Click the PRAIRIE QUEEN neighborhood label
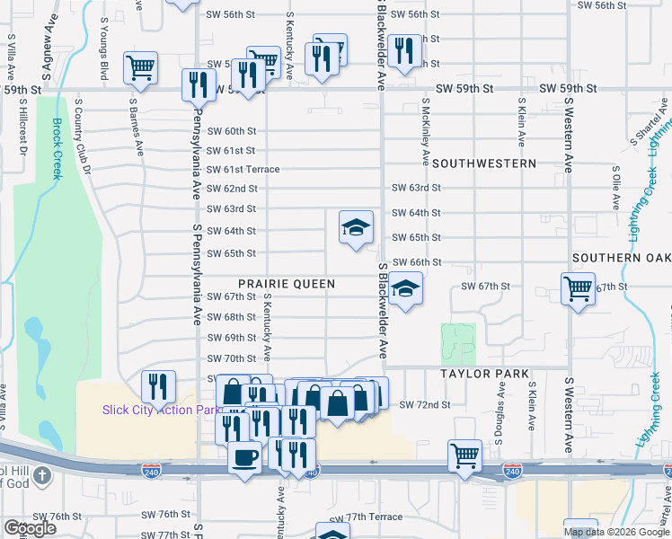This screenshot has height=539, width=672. click(x=287, y=283)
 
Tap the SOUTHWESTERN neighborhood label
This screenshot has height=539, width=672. click(x=483, y=164)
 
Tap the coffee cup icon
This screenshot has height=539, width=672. click(x=244, y=457)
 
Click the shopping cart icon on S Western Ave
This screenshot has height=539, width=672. click(x=578, y=289)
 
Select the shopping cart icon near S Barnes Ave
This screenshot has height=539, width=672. click(x=141, y=66)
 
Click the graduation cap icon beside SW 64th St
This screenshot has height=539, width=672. click(x=356, y=227)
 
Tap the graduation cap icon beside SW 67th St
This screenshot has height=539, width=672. click(x=406, y=289)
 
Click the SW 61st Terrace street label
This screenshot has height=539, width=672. click(x=243, y=170)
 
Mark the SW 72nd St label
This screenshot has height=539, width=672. click(x=424, y=406)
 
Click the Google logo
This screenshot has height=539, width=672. click(x=30, y=528)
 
